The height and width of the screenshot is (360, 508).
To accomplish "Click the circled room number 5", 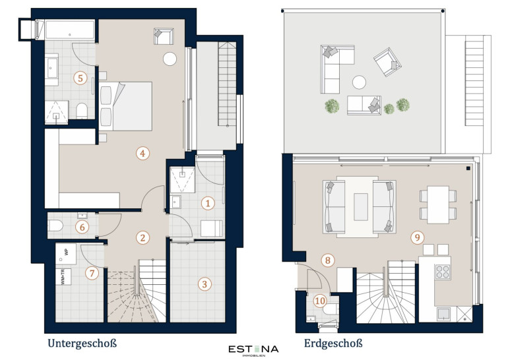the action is point(80,78).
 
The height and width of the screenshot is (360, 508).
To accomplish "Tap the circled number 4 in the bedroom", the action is point(143,153).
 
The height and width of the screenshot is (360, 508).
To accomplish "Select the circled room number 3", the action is point(205,284).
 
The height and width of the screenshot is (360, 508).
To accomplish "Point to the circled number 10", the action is point(320,301).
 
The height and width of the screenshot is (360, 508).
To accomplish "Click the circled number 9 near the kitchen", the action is point(417,237).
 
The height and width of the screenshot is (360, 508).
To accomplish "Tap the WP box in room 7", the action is point(66,254).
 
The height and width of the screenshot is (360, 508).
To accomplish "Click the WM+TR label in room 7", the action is point(63,277).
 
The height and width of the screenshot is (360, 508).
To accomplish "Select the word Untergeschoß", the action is point(82,343).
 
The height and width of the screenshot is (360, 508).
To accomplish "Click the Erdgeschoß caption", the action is point(333,343).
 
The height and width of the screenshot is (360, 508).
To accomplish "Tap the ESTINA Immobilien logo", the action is point(254,351).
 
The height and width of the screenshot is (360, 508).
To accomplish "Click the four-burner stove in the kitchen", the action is point(443,272).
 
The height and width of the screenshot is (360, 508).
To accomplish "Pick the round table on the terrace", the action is point(359,82).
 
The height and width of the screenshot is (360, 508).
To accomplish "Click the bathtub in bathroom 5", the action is point(70,30).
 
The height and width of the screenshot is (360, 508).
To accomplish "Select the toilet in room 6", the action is point(55,225).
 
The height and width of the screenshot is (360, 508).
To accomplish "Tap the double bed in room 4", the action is point(126,106).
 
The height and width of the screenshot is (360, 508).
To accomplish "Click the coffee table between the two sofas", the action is point(361,206).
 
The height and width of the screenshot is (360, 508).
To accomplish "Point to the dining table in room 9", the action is point(438,204).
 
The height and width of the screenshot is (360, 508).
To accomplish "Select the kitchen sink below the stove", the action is point(443,314).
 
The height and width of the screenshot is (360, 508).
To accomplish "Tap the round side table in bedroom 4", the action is point(170,59).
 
